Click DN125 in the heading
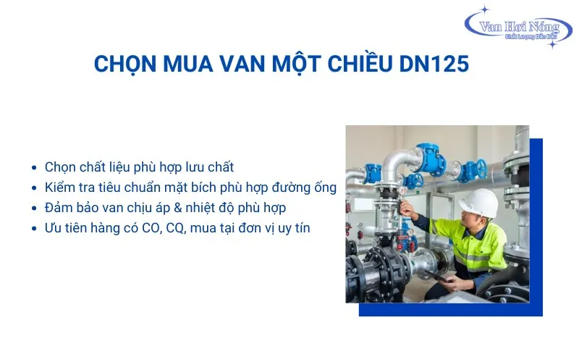pyautogui.click(x=434, y=64)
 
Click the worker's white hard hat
pyautogui.click(x=478, y=202)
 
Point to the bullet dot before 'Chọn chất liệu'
pyautogui.click(x=35, y=167)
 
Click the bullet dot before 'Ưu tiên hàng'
pyautogui.click(x=35, y=229)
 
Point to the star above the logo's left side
pyautogui.click(x=486, y=9)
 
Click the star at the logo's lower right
pyautogui.click(x=552, y=44)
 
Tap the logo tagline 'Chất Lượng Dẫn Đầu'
pyautogui.click(x=526, y=36)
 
